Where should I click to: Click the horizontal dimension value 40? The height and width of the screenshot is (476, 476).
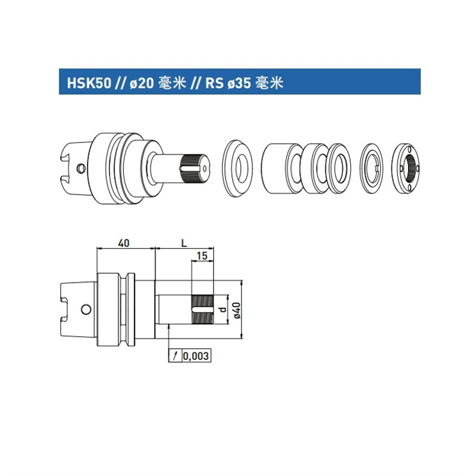[124, 243]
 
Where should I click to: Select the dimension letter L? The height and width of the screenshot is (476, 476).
[184, 243]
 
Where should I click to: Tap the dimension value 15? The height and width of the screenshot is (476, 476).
[202, 256]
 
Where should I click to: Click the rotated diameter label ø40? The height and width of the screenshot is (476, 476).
[236, 309]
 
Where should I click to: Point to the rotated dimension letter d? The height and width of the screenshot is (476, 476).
[221, 310]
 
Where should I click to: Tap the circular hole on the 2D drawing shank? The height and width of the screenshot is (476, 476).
[86, 309]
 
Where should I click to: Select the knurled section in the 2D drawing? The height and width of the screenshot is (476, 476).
[202, 309]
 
